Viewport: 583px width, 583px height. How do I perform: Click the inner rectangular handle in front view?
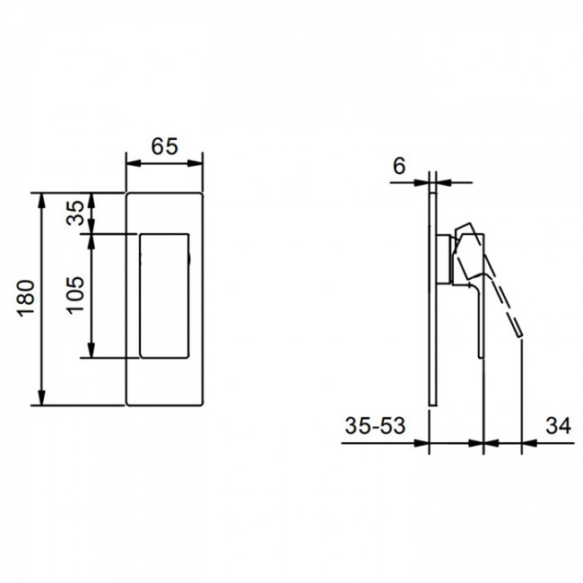[x=165, y=295]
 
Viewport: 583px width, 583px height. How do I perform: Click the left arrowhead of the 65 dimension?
[x=131, y=163]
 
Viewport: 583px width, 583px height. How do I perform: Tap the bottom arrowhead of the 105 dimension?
[x=91, y=351]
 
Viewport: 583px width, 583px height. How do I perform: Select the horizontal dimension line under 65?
[x=164, y=163]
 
